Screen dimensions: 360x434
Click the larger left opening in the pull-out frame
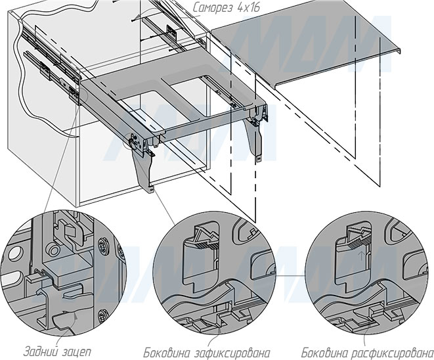pos(141,98)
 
